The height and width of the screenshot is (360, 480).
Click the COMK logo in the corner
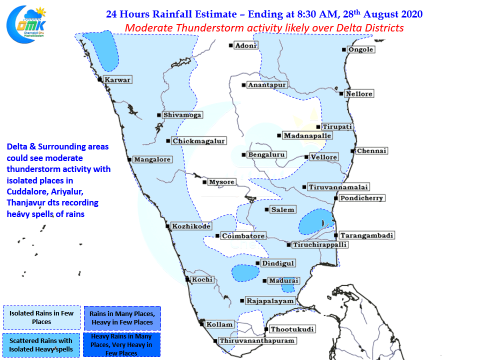tap(25, 23)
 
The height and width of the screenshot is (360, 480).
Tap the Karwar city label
tap(117, 80)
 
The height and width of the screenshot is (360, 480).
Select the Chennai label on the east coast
tap(372, 151)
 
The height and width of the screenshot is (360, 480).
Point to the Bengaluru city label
tap(266, 155)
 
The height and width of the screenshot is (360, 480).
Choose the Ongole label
tap(360, 49)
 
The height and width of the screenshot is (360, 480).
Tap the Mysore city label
tap(221, 182)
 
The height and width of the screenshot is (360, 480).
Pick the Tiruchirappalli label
tap(320, 245)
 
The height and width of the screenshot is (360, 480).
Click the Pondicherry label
tap(361, 198)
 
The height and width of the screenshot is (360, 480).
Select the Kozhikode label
tap(191, 226)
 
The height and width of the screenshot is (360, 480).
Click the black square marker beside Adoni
tap(231, 45)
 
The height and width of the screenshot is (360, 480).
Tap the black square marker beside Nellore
tap(341, 93)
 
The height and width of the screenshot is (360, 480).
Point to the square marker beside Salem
tap(267, 209)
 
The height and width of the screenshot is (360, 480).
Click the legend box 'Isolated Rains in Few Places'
tap(41, 317)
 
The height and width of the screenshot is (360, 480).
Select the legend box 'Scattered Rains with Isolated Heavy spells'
tap(41, 345)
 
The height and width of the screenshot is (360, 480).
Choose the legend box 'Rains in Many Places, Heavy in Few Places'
tap(122, 317)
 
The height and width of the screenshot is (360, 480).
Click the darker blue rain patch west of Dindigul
tap(242, 272)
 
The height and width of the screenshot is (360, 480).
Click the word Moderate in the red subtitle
tap(147, 28)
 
